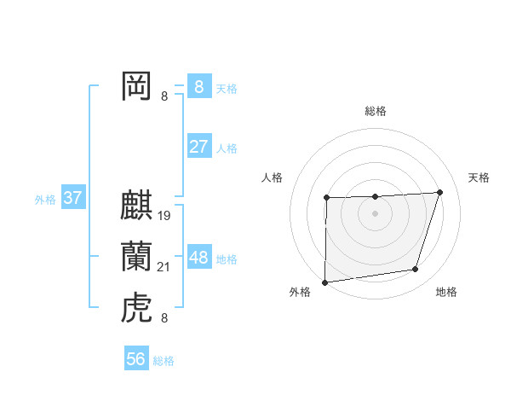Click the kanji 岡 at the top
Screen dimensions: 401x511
point(137,86)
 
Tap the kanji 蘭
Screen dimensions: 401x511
point(137,256)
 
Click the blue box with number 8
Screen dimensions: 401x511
point(198,86)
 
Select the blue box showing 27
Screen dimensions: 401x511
point(198,146)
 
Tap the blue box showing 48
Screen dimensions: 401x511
point(198,257)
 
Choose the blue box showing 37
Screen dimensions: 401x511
point(72,198)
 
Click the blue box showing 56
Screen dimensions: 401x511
point(136,359)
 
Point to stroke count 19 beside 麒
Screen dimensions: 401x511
point(164,215)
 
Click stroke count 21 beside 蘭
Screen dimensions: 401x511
point(164,268)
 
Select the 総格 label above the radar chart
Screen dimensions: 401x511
point(375,111)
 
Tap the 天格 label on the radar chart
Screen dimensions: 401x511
point(479,177)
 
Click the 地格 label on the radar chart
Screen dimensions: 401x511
point(446,292)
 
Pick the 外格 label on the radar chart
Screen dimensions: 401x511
point(300,292)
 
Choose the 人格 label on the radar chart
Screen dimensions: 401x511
point(272,177)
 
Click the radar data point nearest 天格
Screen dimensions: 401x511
point(440,192)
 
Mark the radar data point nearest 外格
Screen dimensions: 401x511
point(324,282)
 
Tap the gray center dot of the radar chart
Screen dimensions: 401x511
point(375,213)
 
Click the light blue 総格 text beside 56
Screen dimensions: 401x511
point(164,361)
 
